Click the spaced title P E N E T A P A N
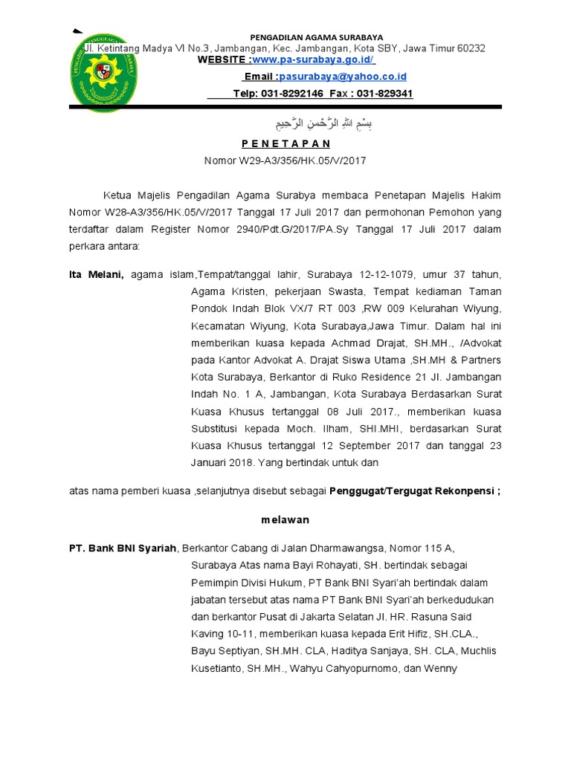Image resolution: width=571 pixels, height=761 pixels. click(285, 143)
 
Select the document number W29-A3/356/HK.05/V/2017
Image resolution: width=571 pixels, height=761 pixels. click(301, 160)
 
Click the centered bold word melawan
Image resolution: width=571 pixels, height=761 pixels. click(285, 519)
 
